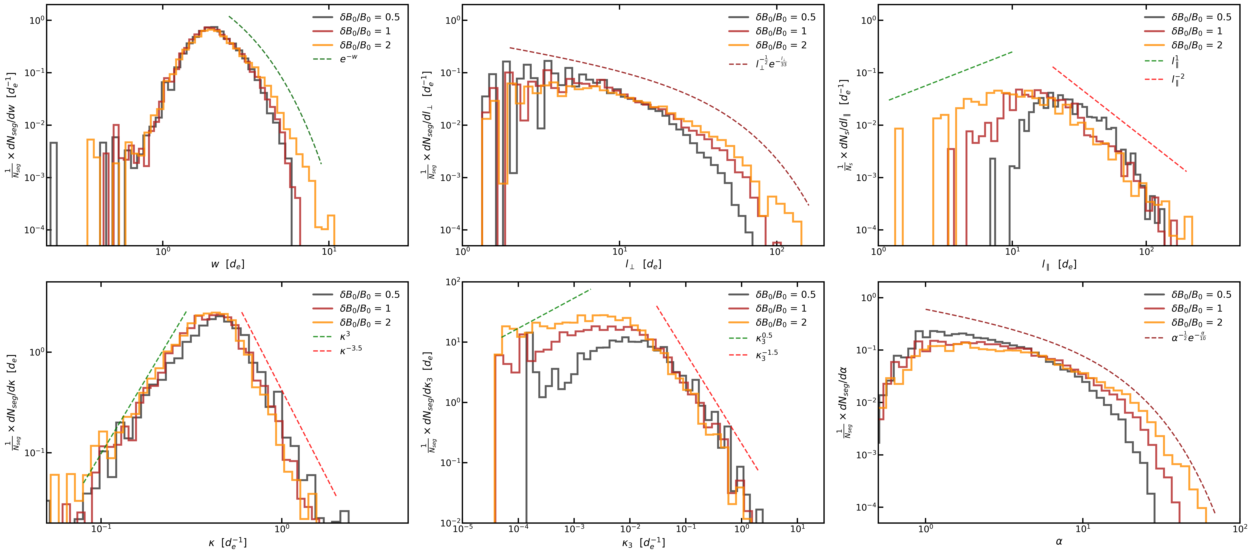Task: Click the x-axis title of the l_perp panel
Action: pyautogui.click(x=643, y=264)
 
